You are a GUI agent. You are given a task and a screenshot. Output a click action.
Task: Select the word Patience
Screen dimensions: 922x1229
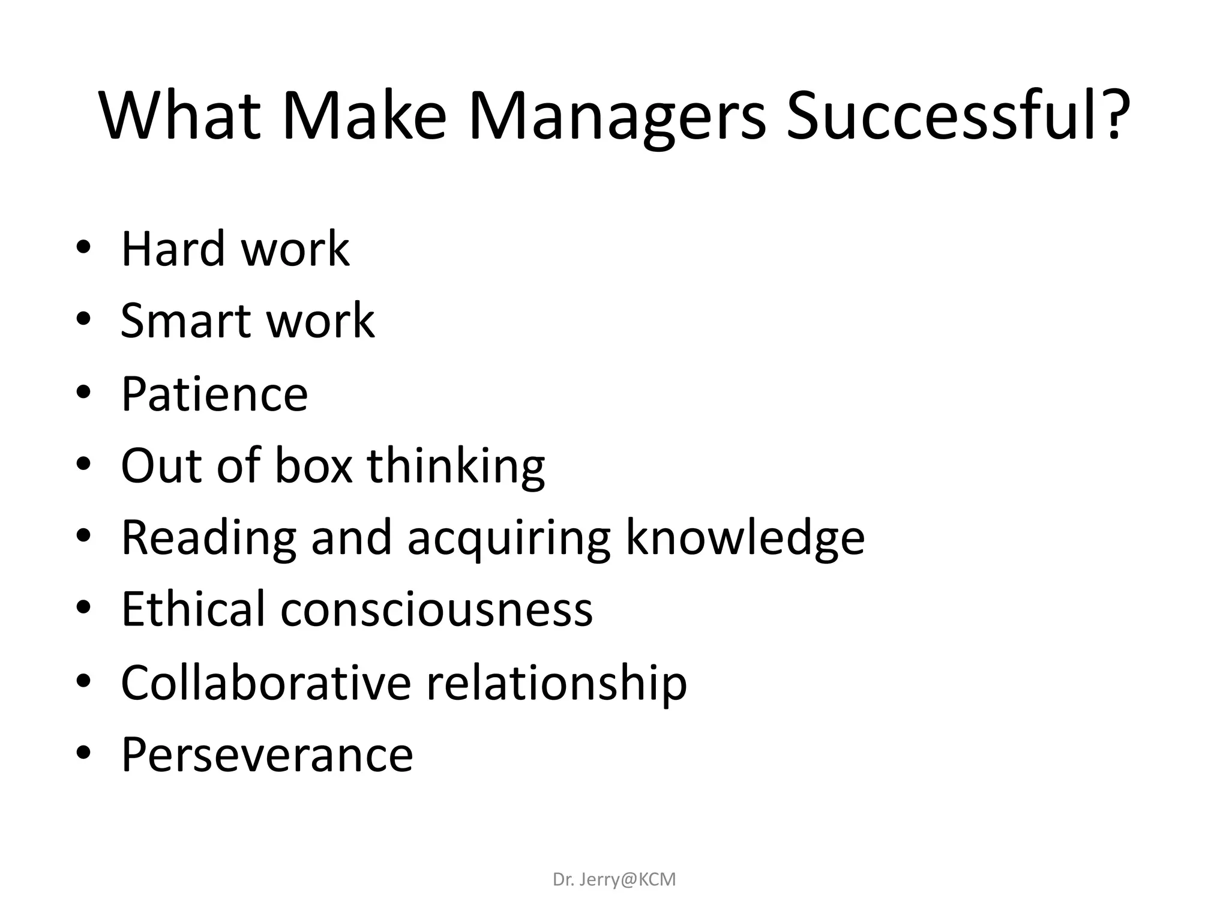tap(214, 394)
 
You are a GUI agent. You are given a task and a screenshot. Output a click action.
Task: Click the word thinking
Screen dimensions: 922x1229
tap(456, 466)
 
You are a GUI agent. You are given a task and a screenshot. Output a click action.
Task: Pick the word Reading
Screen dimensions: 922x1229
tap(208, 538)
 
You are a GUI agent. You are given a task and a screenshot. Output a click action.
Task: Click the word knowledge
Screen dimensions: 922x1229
tap(745, 538)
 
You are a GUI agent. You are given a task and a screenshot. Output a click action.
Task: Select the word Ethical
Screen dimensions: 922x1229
tap(193, 609)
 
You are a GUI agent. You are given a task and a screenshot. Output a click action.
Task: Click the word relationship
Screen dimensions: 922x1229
tap(556, 683)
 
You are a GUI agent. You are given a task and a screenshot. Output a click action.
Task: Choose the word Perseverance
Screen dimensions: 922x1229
tap(267, 755)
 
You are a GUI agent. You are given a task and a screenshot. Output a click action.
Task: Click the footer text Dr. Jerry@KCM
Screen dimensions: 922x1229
tap(614, 879)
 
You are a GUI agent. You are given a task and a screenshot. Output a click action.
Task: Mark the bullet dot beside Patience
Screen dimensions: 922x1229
tap(83, 392)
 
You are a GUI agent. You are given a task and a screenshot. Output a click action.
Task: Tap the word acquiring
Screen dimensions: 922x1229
tap(509, 539)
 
